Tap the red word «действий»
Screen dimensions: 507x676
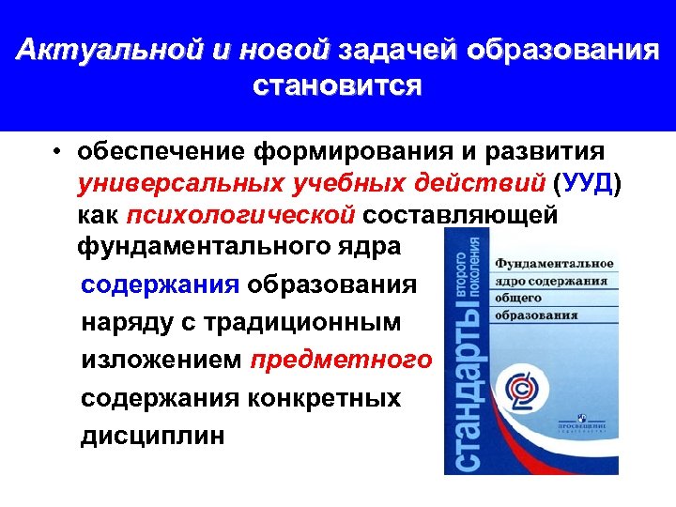tap(478, 183)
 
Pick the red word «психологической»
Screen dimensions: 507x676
tap(239, 215)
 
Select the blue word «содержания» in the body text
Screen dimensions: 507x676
tap(161, 284)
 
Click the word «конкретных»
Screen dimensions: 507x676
tap(324, 398)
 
